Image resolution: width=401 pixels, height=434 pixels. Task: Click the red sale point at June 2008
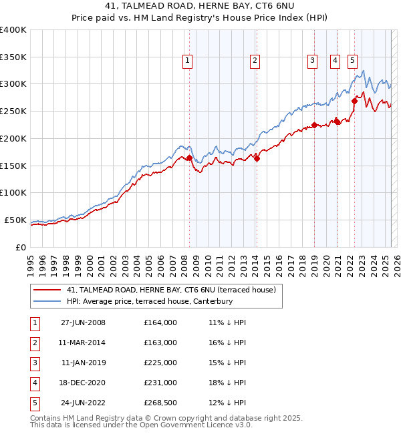(189, 158)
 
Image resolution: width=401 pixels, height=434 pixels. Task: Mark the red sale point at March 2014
(257, 158)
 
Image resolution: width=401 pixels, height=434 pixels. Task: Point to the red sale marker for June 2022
(354, 101)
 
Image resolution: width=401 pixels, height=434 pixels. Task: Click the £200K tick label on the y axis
(13, 138)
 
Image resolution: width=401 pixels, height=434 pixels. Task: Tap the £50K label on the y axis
(16, 220)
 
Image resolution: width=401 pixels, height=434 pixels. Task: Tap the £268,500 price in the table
(160, 403)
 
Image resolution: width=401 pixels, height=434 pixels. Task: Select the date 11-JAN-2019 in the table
(83, 363)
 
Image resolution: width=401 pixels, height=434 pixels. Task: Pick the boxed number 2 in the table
(33, 343)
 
